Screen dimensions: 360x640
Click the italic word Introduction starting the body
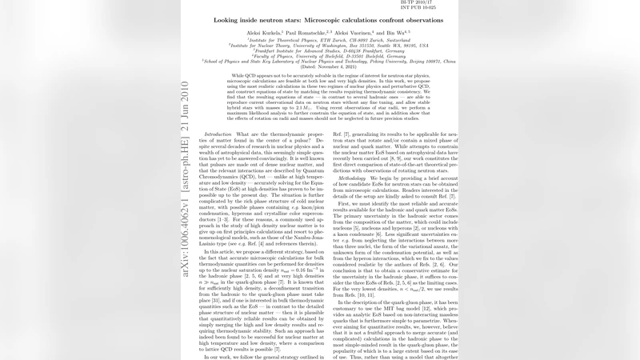pos(195,133)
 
